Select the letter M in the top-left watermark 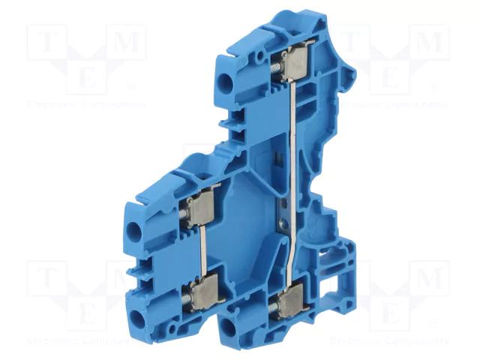click(x=128, y=43)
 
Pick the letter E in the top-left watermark click(x=85, y=79)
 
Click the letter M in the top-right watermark click(x=433, y=43)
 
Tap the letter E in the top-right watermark click(x=390, y=79)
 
